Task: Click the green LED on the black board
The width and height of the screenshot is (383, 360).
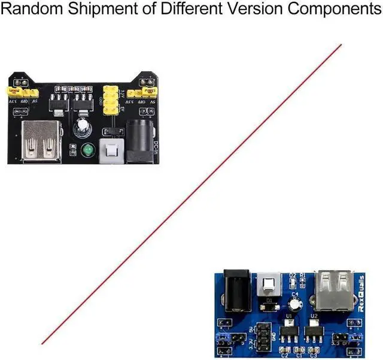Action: [89, 149]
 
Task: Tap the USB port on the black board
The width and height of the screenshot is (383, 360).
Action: [41, 141]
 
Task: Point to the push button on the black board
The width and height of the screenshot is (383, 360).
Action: [110, 150]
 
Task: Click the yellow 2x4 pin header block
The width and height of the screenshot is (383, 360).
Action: [111, 101]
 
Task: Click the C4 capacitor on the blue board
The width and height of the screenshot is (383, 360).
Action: [294, 304]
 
